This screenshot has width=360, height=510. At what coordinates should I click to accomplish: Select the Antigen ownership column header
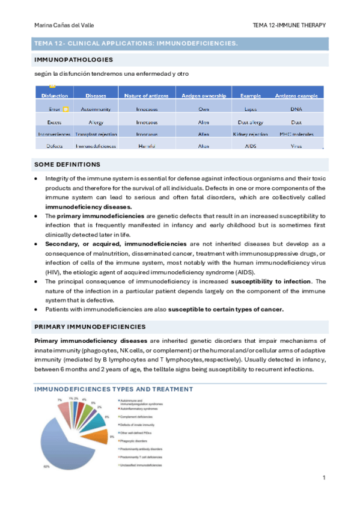click(204, 96)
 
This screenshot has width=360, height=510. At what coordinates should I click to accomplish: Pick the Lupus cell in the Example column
click(251, 110)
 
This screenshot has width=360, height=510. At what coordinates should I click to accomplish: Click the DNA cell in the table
click(296, 110)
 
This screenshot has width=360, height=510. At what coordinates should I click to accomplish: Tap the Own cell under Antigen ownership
click(204, 110)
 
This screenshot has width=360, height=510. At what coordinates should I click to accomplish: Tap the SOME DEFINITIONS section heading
click(67, 164)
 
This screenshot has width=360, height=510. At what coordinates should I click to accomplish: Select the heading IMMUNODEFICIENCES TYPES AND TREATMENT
click(114, 389)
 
